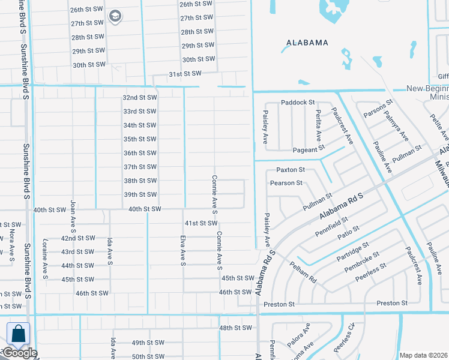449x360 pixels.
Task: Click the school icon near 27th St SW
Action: [x=115, y=16]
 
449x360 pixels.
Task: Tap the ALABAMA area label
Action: [x=307, y=43]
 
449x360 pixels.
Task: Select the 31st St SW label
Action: [x=184, y=73]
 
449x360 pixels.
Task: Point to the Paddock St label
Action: [x=298, y=103]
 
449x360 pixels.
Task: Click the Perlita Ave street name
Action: [x=318, y=127]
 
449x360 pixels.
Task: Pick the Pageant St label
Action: [x=309, y=149]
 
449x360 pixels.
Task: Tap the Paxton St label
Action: [x=291, y=170]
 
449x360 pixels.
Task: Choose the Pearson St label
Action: [x=286, y=183]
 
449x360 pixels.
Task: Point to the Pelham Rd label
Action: [x=303, y=272]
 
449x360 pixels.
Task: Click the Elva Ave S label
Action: [x=182, y=250]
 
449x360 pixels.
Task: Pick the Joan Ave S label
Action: [x=73, y=217]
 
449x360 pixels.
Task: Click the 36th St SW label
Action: [x=139, y=153]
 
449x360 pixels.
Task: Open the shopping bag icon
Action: [x=18, y=334]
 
